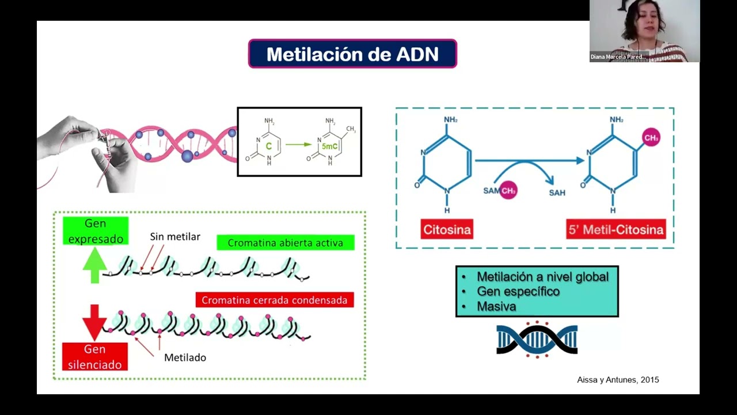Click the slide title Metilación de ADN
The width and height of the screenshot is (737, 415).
pos(352,54)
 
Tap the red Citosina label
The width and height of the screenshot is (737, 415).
pos(447,229)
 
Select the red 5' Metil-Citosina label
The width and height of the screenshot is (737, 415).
pos(616,229)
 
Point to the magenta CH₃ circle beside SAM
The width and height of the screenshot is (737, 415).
pos(508,190)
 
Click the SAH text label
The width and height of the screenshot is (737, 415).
pos(557,193)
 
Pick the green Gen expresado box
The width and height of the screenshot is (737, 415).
pos(96,231)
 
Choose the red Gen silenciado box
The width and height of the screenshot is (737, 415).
pos(95,357)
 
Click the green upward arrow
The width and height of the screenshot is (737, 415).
pos(95,267)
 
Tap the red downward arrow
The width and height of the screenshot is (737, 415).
pos(94,322)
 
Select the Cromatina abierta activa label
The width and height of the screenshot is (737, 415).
pos(286,243)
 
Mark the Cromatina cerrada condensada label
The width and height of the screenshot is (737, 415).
pos(275,300)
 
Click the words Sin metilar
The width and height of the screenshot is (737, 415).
pos(175,237)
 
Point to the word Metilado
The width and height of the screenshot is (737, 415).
pos(185,357)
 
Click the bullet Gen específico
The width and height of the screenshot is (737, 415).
pos(518,292)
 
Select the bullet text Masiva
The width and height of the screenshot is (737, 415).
pos(496,307)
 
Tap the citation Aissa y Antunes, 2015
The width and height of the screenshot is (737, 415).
pos(618,380)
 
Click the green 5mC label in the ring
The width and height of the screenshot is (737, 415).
pos(329,146)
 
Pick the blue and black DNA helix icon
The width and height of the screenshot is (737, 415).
pos(537,339)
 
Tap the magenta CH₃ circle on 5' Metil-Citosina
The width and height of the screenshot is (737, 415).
pos(651,138)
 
